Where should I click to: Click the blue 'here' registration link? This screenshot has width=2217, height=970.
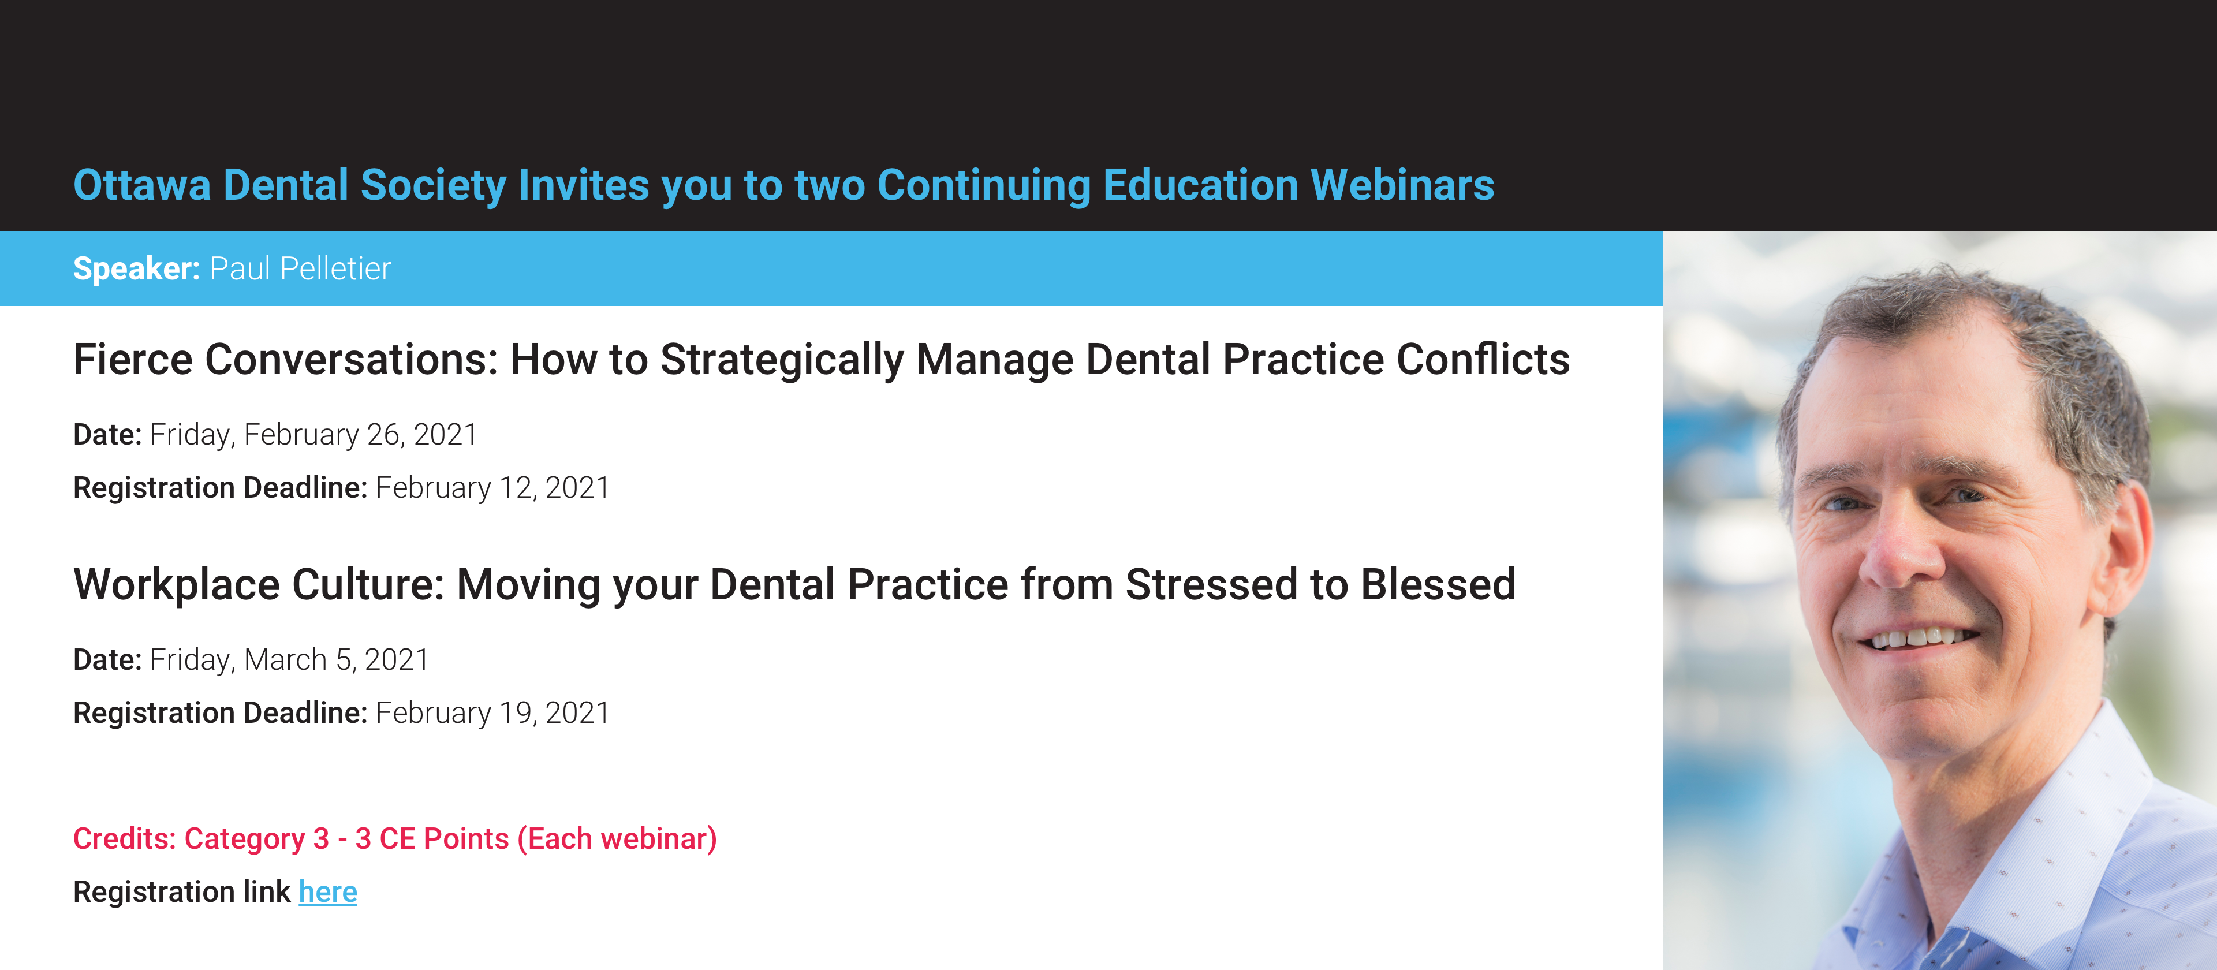(328, 891)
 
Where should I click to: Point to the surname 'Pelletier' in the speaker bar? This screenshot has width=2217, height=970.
(335, 268)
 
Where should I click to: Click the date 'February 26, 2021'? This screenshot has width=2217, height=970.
(361, 435)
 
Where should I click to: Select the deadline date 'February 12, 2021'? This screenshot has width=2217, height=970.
(493, 488)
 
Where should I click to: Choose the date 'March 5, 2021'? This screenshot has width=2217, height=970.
(337, 660)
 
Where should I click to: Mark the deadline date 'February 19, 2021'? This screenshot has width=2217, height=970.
(493, 714)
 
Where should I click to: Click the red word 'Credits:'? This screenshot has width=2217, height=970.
(124, 838)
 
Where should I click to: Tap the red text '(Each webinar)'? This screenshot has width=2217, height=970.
(617, 839)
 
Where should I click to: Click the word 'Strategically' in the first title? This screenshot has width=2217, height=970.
(782, 360)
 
